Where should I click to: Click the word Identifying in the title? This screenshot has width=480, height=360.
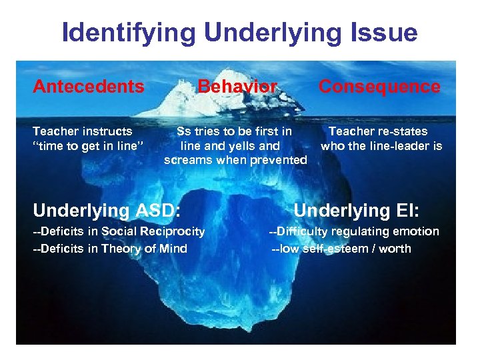coord(124,33)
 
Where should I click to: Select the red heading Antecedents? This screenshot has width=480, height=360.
coord(89,87)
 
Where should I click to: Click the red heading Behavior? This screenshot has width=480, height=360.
coord(237,87)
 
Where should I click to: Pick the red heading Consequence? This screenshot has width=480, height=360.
coord(379,87)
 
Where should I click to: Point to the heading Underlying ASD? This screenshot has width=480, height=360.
coord(107,211)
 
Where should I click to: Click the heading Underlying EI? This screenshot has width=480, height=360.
coord(356,211)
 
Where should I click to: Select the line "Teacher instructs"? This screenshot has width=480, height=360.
coord(83,131)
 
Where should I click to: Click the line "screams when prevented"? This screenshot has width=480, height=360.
coord(235,160)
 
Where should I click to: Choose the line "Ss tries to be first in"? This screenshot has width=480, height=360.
coord(234,131)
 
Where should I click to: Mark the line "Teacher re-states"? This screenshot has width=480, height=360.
coord(378,131)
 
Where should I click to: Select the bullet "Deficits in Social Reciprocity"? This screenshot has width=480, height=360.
coord(119,231)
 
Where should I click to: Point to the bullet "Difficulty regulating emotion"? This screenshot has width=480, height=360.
coord(354,231)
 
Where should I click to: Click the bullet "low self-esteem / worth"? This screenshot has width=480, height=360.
coord(341,249)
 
